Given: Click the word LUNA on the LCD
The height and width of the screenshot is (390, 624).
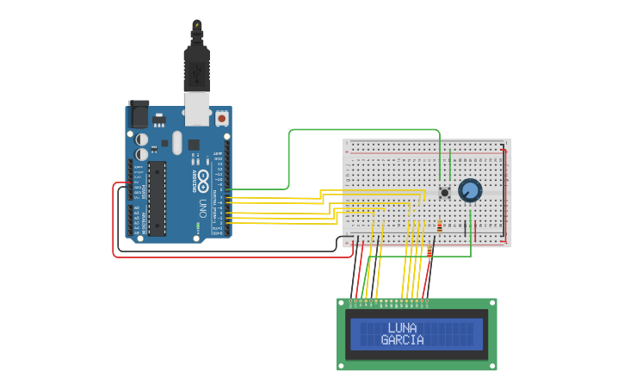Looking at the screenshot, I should [x=402, y=328].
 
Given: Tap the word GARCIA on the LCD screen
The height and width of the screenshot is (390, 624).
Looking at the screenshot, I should [x=402, y=340].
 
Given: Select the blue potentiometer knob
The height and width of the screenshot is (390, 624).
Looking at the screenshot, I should [x=469, y=190].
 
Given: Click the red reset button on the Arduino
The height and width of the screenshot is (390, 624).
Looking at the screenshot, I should [x=222, y=117].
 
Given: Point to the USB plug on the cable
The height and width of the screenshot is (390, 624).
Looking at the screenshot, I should [x=197, y=69].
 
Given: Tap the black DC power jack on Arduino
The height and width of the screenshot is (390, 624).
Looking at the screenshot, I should [x=139, y=114].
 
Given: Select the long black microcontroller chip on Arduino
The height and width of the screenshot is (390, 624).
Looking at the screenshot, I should [x=157, y=198].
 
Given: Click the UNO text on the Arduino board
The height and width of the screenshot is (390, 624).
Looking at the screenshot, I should [x=203, y=208].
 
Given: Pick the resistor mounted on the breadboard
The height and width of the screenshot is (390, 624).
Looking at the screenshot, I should [x=440, y=226].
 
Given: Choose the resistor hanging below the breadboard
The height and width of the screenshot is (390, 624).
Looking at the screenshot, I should [x=429, y=251].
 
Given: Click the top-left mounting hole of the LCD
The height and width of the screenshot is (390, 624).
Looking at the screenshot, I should [x=341, y=302].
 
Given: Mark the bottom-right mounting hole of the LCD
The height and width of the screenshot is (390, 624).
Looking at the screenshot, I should [x=492, y=366].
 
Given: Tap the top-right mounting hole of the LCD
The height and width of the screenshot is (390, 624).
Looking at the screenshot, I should [x=492, y=302].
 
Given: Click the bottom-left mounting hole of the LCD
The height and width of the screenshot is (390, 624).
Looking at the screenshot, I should [x=341, y=366].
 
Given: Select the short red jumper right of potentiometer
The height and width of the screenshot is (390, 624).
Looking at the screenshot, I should [x=476, y=230].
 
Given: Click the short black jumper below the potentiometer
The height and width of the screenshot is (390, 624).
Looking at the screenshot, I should [x=466, y=229].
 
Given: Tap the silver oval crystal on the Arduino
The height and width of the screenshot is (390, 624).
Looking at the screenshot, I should [x=177, y=142].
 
